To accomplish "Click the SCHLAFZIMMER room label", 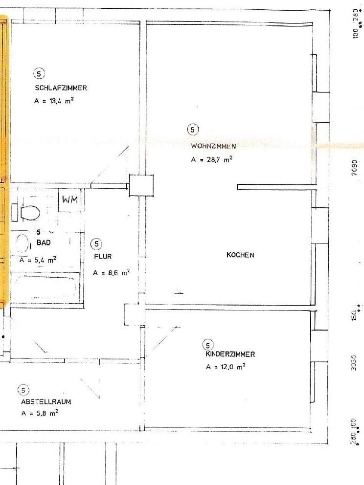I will [x=61, y=88].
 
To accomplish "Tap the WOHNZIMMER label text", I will [x=214, y=146].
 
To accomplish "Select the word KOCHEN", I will [x=240, y=255].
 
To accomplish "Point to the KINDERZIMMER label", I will [x=230, y=354].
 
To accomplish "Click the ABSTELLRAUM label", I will [x=46, y=402].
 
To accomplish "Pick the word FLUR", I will [x=103, y=256].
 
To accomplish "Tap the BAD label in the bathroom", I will [x=44, y=242].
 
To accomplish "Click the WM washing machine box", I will [x=70, y=199].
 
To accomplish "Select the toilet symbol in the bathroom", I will [x=30, y=212].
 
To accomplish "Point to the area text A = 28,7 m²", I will [x=211, y=159].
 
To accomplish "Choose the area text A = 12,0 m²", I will [x=226, y=367].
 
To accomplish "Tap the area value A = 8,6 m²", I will [x=111, y=272].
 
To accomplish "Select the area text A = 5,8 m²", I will [x=40, y=413].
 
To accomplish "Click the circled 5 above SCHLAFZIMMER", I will [x=40, y=74].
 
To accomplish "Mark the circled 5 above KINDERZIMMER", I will [x=209, y=344].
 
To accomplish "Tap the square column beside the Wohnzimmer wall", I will [x=141, y=186].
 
